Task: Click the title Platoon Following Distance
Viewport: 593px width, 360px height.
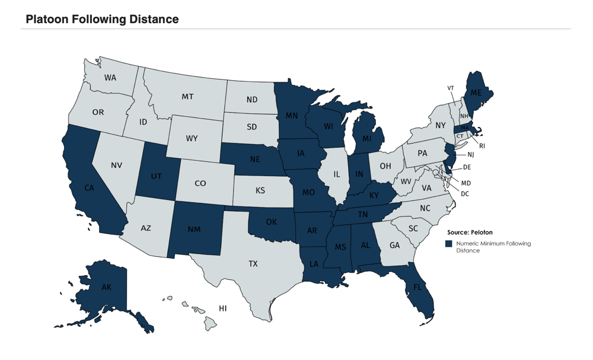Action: [x=102, y=19]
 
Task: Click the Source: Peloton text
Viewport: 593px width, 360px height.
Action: [x=470, y=233]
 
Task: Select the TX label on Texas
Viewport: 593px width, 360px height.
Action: [x=253, y=263]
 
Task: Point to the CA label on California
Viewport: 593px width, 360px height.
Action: [x=90, y=188]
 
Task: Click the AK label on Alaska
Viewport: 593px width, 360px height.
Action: [x=107, y=287]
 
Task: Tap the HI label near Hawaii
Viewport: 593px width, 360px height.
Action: [x=222, y=308]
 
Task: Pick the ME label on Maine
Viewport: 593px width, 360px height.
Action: [x=476, y=93]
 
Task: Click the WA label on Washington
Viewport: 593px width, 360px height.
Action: [x=110, y=78]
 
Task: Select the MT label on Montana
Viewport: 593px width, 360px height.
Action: [x=187, y=96]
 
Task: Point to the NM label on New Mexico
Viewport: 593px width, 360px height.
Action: [x=195, y=228]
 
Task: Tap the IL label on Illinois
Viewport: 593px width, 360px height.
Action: [x=337, y=174]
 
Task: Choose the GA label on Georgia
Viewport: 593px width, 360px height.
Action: [x=395, y=245]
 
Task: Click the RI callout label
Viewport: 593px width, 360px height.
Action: [x=482, y=145]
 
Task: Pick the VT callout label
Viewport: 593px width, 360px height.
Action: [x=451, y=88]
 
